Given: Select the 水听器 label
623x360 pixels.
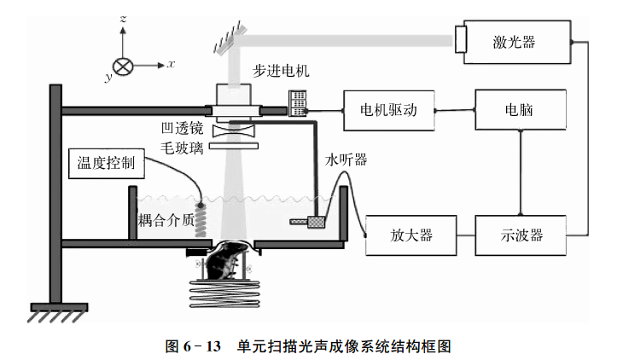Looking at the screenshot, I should [346, 160].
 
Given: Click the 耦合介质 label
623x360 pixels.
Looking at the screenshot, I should [166, 221].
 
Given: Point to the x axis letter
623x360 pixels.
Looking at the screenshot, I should [171, 63].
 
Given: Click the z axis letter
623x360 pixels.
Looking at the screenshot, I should [125, 18].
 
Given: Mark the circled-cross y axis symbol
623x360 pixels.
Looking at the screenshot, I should [124, 65].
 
